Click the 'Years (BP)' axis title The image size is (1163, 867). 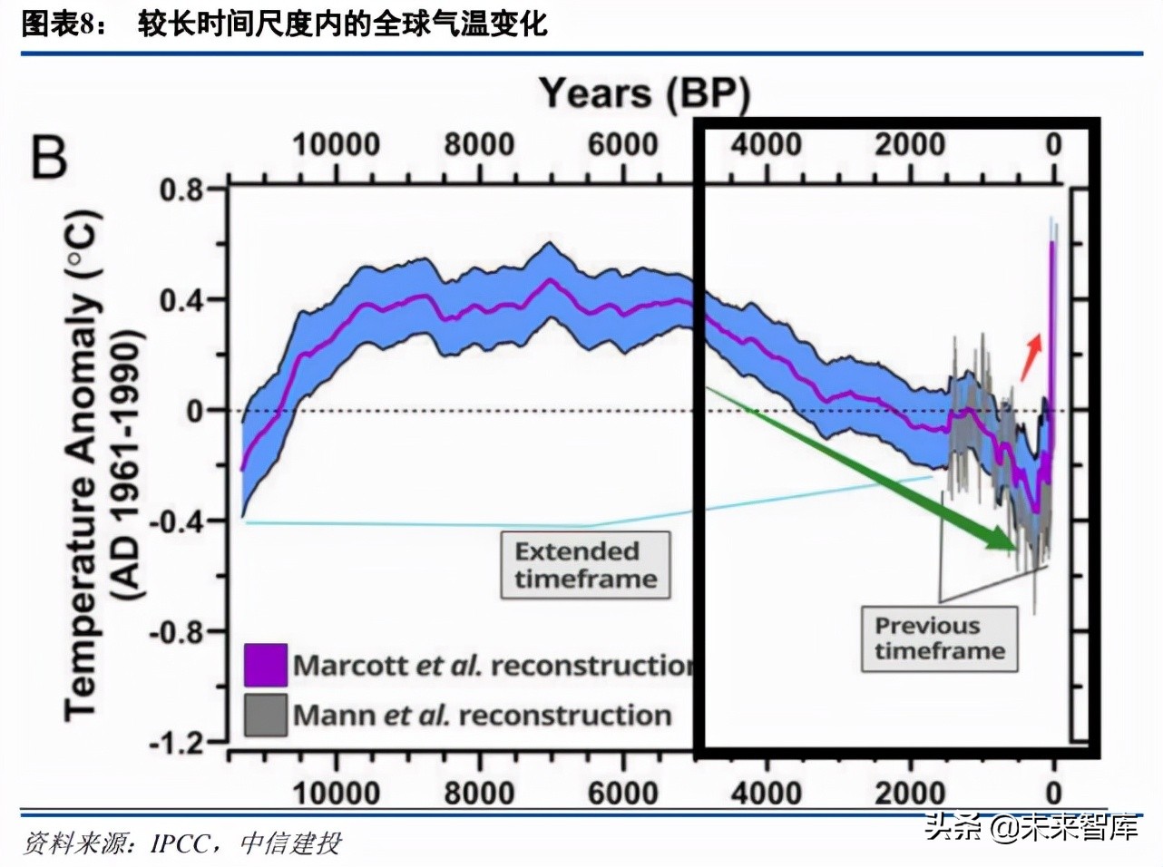click(645, 94)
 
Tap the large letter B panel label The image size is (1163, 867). click(50, 157)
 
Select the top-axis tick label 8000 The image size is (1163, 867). click(480, 144)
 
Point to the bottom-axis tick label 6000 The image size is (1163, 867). click(623, 794)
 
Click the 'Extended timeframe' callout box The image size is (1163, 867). click(585, 565)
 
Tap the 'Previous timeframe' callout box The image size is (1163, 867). click(940, 638)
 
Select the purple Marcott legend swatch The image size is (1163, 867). click(266, 665)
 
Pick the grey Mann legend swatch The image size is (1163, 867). click(266, 715)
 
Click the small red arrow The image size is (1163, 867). click(1031, 357)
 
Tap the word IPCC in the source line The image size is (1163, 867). click(181, 843)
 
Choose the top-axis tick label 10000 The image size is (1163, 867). click(336, 144)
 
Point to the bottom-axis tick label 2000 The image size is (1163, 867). click(910, 794)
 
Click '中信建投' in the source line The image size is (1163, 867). click(290, 843)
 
